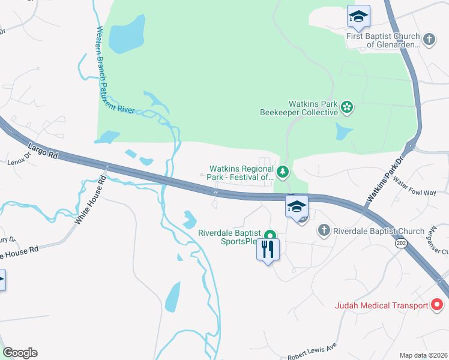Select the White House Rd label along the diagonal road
click(x=90, y=201)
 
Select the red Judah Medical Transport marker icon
click(x=438, y=305)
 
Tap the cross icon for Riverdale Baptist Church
click(x=324, y=230)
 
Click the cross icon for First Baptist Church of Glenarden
click(x=429, y=40)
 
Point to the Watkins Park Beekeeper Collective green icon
click(x=346, y=107)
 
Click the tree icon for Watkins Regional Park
click(x=283, y=173)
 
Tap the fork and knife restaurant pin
click(x=268, y=248)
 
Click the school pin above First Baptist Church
click(x=358, y=16)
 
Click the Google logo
click(x=20, y=353)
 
